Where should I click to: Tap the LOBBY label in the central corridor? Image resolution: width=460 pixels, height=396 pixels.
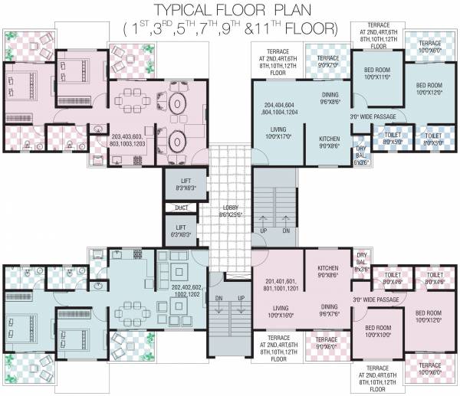tap(231, 211)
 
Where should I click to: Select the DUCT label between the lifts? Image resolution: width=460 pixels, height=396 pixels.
tap(181, 208)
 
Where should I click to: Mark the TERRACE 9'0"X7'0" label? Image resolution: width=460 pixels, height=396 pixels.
tap(328, 61)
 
